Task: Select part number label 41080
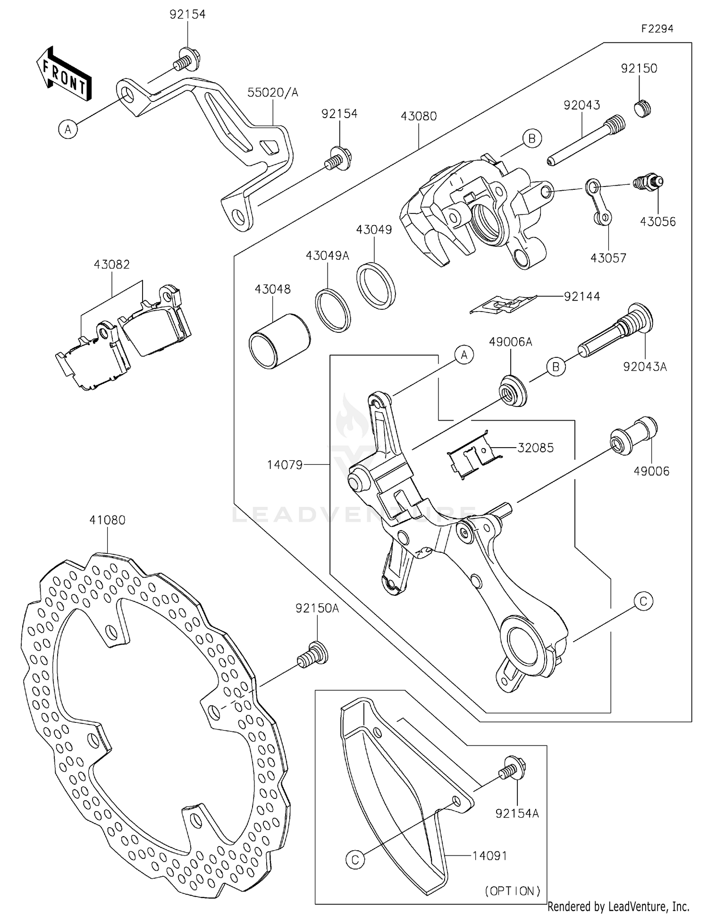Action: [x=108, y=520]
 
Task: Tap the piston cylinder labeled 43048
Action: [x=279, y=341]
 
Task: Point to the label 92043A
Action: [x=645, y=366]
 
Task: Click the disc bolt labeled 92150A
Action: [x=312, y=653]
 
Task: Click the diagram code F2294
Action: [x=657, y=29]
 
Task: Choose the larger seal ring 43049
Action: [x=376, y=286]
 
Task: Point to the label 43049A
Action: [x=327, y=256]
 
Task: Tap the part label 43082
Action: [x=112, y=264]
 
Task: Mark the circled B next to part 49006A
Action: [x=556, y=367]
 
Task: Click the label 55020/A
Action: [x=273, y=92]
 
